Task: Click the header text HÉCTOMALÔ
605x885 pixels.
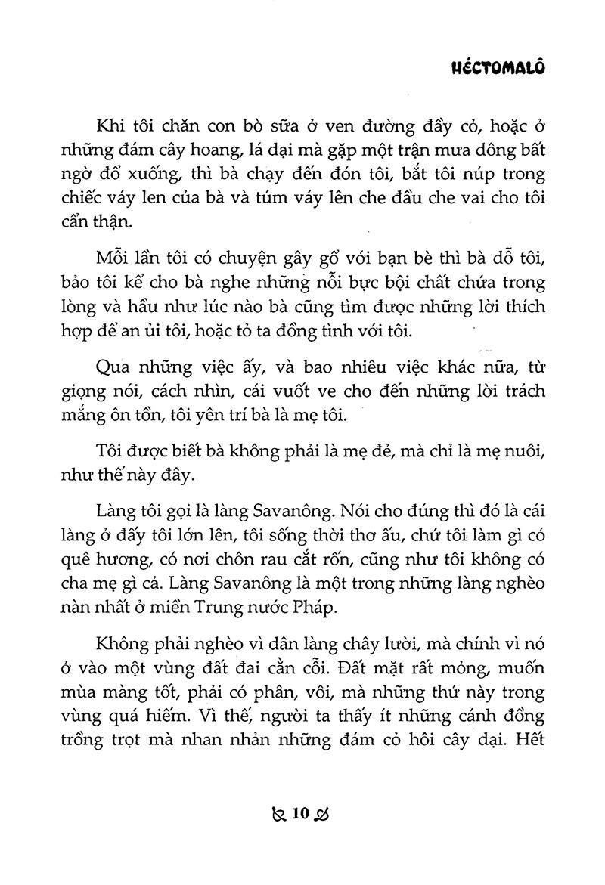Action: pos(498,67)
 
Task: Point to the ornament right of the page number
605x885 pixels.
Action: pos(324,815)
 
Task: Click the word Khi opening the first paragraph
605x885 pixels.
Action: pos(110,127)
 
